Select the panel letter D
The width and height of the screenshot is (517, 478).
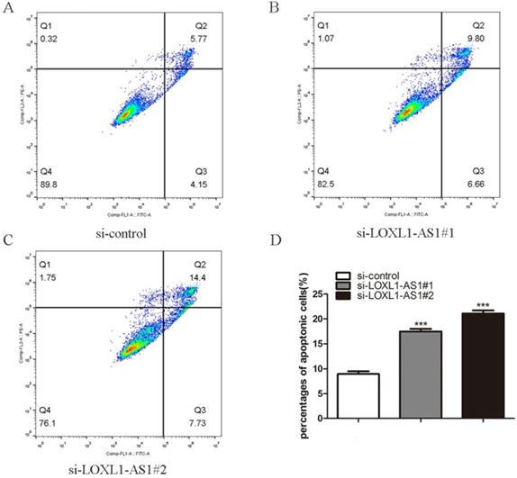(277, 240)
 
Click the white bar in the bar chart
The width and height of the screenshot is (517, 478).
(358, 396)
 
